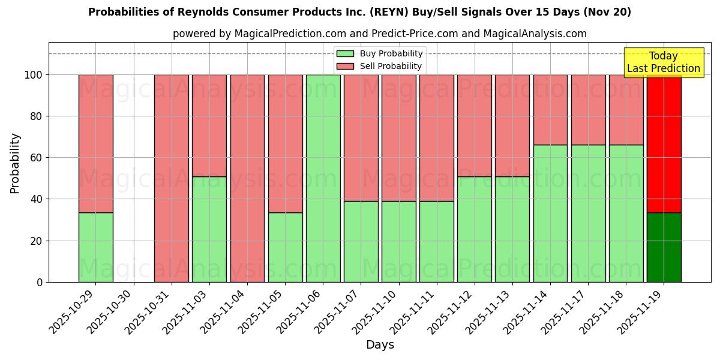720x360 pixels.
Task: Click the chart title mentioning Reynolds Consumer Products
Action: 359,12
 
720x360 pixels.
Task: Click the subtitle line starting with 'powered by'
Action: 379,34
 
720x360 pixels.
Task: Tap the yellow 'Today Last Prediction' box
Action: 663,62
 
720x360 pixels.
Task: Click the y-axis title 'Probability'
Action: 15,163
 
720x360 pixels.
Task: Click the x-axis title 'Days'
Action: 380,345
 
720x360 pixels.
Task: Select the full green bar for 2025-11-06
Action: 323,178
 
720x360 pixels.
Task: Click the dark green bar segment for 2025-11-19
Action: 664,247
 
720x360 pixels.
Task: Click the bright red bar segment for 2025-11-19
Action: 664,144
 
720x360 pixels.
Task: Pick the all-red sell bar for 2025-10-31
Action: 172,178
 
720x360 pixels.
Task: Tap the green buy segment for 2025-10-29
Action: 96,247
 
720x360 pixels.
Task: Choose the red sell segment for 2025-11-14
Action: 550,110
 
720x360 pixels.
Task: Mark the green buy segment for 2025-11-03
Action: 209,229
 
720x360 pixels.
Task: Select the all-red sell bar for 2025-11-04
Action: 247,178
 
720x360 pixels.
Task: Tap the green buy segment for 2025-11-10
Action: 398,241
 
